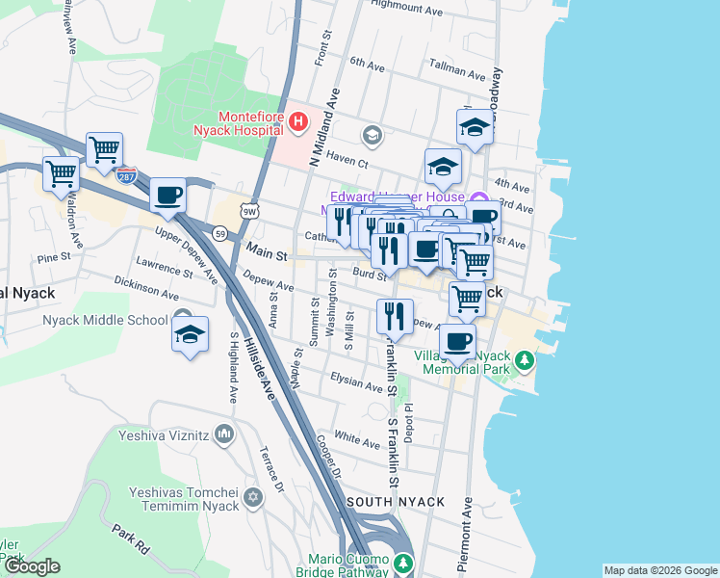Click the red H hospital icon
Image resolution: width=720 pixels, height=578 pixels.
[x=298, y=121]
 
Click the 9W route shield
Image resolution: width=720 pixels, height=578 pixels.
[x=248, y=213]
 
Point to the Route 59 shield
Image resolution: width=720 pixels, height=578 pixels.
[x=220, y=233]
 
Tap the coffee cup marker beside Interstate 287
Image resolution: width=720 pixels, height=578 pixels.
[x=167, y=196]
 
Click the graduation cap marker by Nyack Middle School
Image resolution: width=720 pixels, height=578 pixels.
[x=191, y=335]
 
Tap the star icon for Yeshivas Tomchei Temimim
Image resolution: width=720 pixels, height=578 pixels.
[x=253, y=497]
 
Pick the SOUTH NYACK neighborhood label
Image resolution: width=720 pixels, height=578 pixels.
[x=396, y=502]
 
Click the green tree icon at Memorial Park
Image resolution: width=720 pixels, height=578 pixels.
[x=524, y=361]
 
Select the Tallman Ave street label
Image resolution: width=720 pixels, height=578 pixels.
[x=457, y=72]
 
